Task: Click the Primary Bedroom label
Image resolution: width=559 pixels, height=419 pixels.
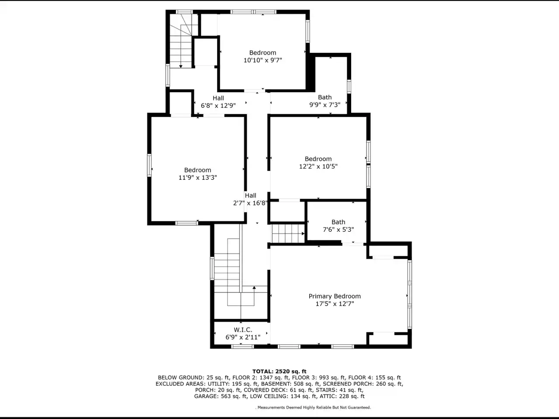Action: pyautogui.click(x=335, y=296)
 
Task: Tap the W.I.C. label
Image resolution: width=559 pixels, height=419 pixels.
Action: pyautogui.click(x=243, y=330)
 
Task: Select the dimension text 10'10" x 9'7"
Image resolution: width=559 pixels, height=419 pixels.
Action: pyautogui.click(x=263, y=60)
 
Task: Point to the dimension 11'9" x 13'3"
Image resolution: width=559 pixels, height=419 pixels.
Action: pyautogui.click(x=198, y=178)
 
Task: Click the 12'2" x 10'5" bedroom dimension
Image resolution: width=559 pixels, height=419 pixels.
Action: pyautogui.click(x=318, y=166)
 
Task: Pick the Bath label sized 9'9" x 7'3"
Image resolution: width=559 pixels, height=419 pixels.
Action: pyautogui.click(x=325, y=97)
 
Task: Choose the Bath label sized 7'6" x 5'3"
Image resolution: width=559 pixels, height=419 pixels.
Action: pyautogui.click(x=338, y=222)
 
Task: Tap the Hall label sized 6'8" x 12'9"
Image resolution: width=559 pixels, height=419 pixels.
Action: pyautogui.click(x=218, y=98)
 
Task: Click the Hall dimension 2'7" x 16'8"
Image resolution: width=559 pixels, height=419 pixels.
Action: pyautogui.click(x=250, y=203)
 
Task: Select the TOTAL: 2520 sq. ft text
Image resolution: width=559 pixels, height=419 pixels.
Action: pyautogui.click(x=279, y=371)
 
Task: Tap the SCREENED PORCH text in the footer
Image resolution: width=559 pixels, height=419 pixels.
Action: pyautogui.click(x=349, y=384)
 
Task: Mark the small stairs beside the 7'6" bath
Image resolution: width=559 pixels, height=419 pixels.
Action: pyautogui.click(x=288, y=233)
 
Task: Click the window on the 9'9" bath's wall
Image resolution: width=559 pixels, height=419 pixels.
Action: pyautogui.click(x=349, y=86)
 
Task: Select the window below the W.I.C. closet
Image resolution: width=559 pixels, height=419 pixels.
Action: pyautogui.click(x=242, y=347)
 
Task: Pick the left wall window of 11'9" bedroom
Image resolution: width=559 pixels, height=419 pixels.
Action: pyautogui.click(x=149, y=165)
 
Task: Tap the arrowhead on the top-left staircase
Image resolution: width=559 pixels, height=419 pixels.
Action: pyautogui.click(x=180, y=66)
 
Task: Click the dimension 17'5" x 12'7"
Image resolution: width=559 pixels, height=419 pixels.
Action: pyautogui.click(x=335, y=304)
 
